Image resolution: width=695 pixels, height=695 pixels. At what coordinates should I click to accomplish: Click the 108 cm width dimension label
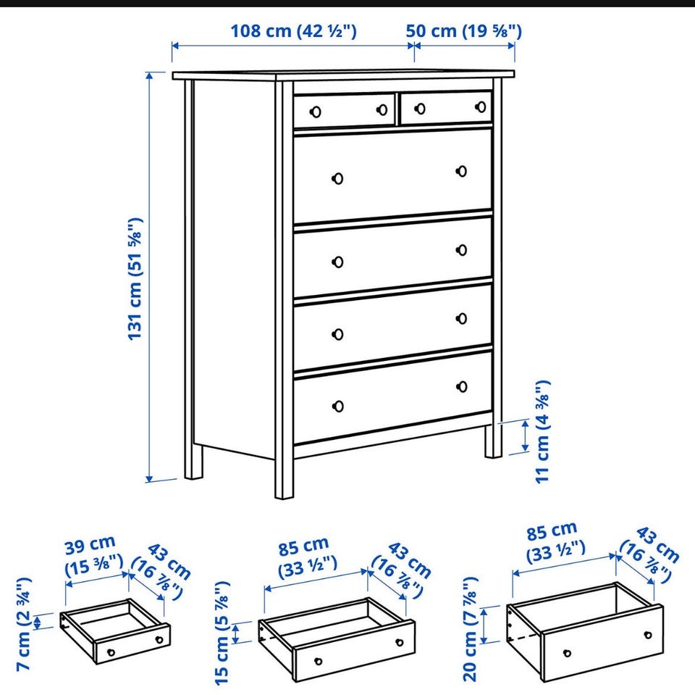tap(293, 31)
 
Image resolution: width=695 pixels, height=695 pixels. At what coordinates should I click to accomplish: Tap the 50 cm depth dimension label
tap(463, 31)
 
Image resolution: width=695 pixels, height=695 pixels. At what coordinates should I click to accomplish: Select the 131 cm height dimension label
tap(135, 279)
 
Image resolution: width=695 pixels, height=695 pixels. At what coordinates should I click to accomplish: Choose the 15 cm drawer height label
tap(222, 633)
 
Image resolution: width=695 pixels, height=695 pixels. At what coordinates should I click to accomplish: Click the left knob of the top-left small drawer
tap(316, 112)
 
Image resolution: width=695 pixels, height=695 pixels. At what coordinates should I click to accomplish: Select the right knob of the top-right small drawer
tap(481, 107)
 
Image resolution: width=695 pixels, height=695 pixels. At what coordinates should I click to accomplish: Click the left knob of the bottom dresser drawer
tap(338, 406)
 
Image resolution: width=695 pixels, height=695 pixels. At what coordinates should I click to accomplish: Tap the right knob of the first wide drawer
tap(461, 171)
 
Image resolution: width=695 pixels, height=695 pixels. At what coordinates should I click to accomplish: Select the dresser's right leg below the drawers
tap(493, 441)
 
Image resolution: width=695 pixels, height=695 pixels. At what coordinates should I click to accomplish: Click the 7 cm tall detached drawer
tap(115, 631)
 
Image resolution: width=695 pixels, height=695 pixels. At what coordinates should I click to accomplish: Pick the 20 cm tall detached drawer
tap(585, 632)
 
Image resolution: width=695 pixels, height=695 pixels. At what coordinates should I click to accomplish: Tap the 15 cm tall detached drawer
tap(337, 639)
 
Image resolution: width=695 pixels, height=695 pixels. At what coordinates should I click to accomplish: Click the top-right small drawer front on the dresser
tap(446, 108)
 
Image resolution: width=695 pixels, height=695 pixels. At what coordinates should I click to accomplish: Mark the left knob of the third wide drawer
tap(338, 334)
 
